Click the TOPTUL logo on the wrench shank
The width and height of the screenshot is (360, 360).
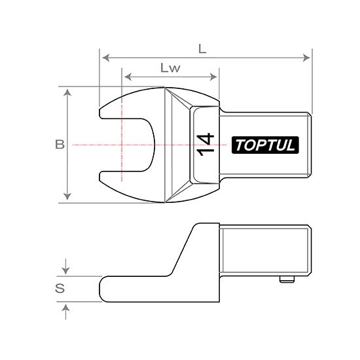point(265,145)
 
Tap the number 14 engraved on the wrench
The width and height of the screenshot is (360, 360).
point(206,145)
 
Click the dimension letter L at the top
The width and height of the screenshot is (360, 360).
point(202,48)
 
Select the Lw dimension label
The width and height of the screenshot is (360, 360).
point(170,67)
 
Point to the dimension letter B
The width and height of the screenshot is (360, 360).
point(60,145)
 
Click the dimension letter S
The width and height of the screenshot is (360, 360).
point(60,289)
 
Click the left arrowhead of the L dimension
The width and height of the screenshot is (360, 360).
point(106,58)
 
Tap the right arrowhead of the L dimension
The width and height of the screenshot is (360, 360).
point(306,58)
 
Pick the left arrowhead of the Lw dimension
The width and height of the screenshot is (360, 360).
point(128,77)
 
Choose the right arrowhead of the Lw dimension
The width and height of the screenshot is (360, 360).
point(213,77)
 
